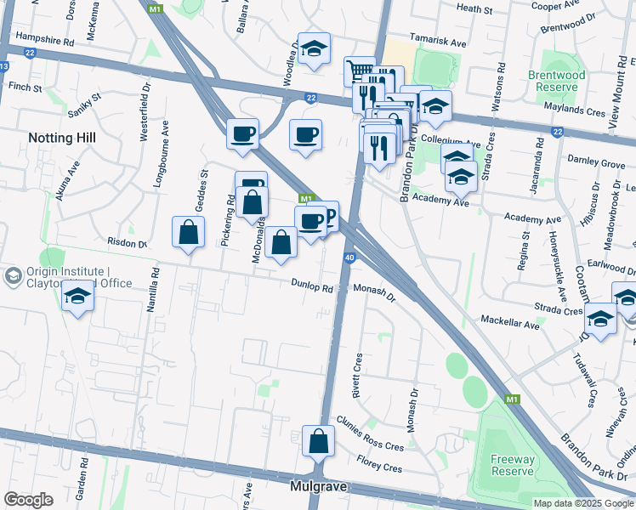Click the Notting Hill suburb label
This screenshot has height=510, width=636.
62,137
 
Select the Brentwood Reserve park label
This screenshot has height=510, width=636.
581,82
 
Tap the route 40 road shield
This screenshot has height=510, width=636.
349,258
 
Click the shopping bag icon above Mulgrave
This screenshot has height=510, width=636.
318,442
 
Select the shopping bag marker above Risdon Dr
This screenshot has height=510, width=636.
188,232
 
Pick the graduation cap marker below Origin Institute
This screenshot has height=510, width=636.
77,297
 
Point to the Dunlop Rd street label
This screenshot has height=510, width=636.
311,287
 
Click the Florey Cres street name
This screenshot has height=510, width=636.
379,467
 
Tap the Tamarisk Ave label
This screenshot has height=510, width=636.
438,42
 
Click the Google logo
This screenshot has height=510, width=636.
28,500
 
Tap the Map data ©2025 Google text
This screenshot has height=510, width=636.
583,503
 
